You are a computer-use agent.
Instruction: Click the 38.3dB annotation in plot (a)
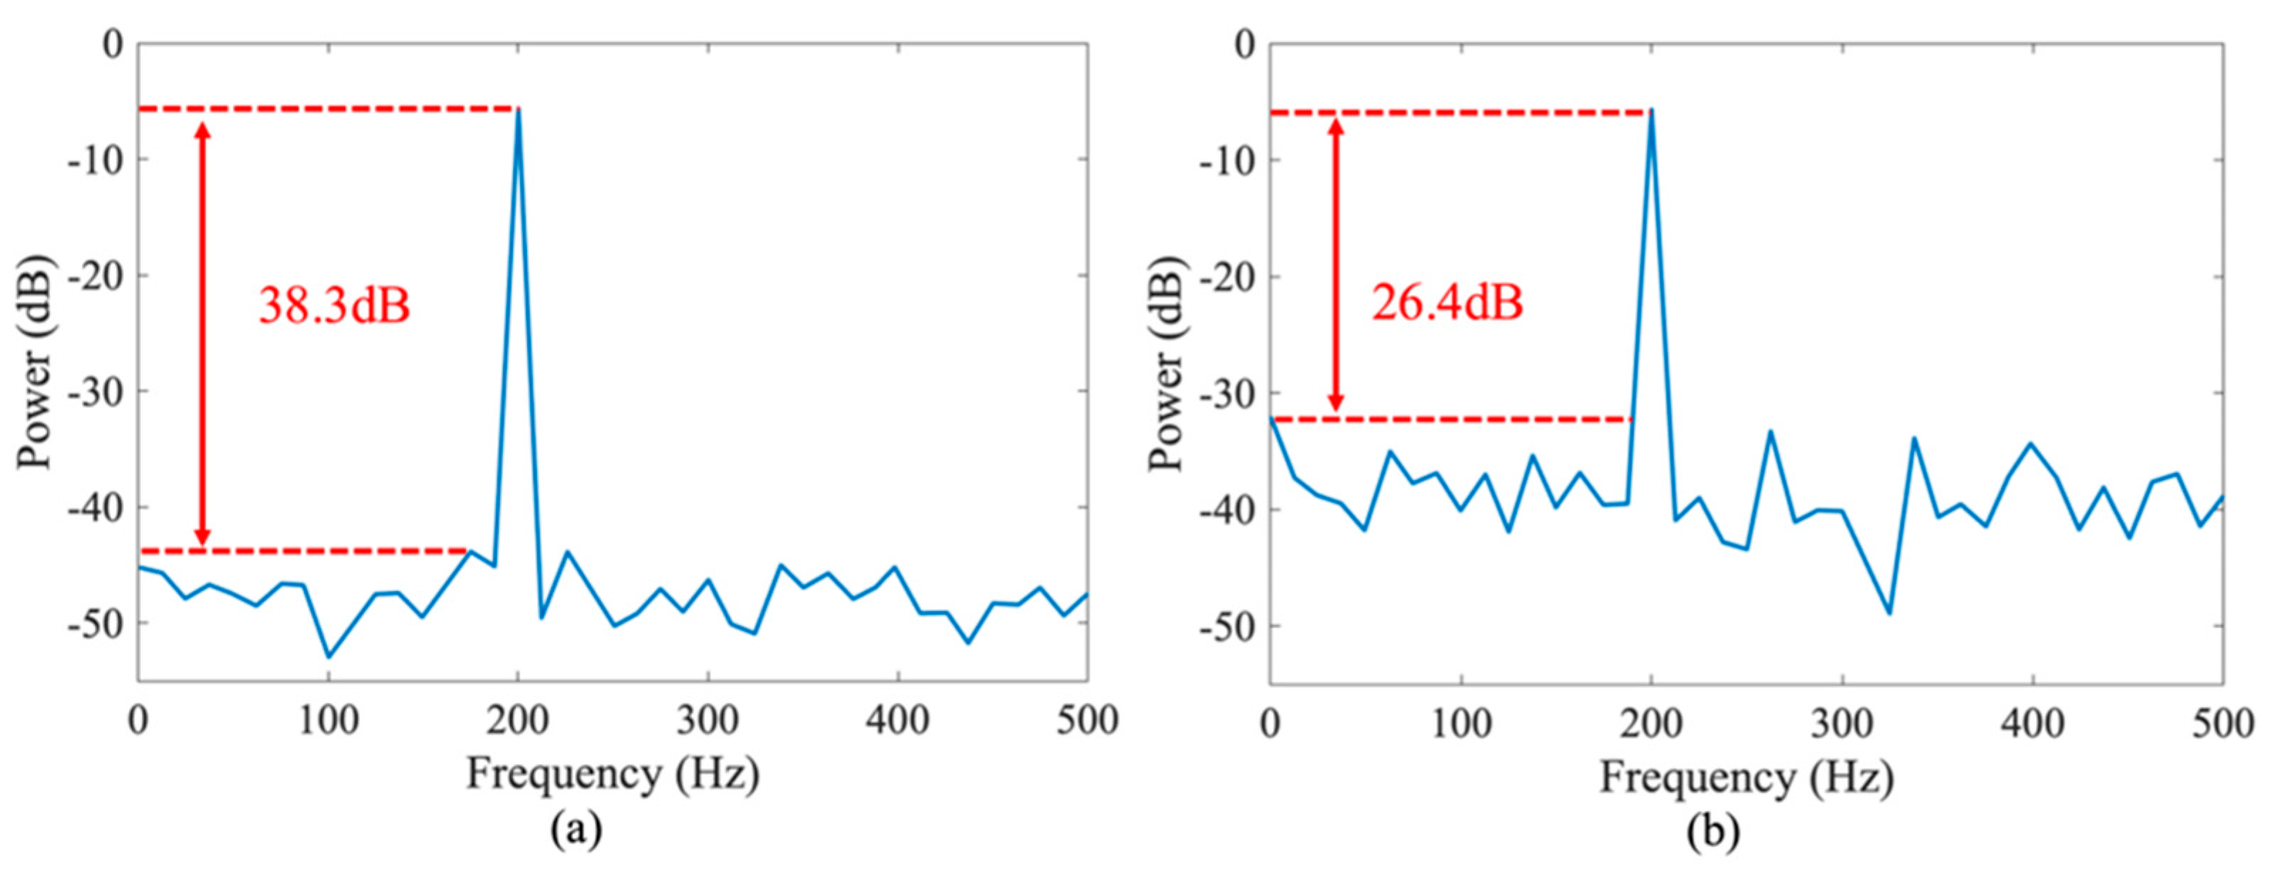(x=334, y=306)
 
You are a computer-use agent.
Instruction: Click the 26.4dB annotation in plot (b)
(x=1447, y=303)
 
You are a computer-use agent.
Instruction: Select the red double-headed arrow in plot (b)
(x=1335, y=264)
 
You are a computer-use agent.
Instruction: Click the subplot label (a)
(x=577, y=830)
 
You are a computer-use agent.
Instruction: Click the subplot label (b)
(x=1713, y=831)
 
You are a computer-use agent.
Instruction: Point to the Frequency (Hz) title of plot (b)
(x=1747, y=777)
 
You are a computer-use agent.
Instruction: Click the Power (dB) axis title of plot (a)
(x=36, y=362)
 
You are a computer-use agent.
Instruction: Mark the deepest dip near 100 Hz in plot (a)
(x=329, y=656)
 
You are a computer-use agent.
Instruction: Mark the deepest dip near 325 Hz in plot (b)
(x=1890, y=612)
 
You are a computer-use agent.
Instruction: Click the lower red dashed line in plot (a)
(x=300, y=552)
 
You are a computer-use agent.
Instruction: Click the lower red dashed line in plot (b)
(x=1446, y=420)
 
